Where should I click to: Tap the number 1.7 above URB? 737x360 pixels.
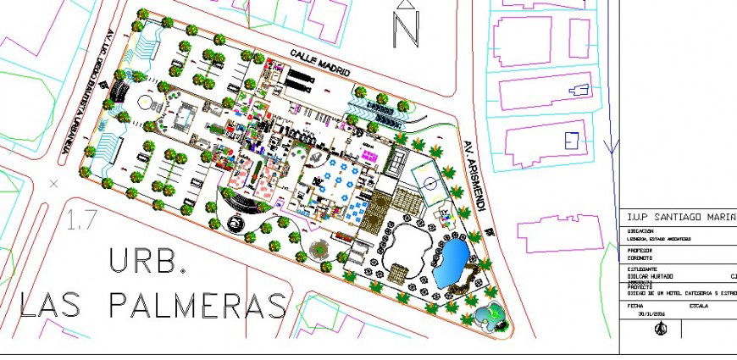click(81, 223)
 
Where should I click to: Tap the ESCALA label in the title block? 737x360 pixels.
click(700, 305)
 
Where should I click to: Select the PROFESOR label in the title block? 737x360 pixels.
click(640, 251)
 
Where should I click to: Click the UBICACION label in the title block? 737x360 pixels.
click(641, 231)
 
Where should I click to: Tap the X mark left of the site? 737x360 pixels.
click(54, 182)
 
